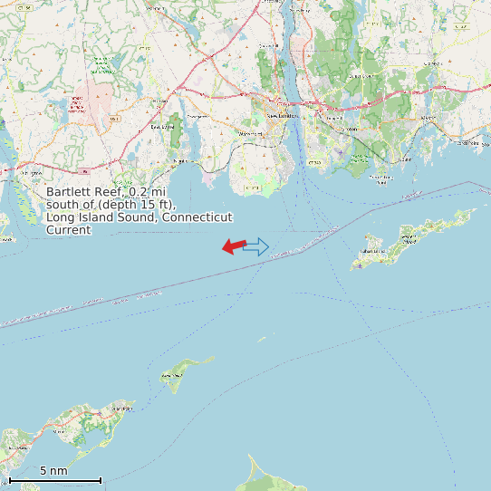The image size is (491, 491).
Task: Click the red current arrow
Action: click(x=233, y=246)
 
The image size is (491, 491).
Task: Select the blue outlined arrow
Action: click(x=257, y=246)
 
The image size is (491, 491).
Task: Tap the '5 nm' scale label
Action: click(x=53, y=471)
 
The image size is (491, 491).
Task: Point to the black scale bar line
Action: click(x=54, y=480)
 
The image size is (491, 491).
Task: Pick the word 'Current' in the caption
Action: click(x=69, y=230)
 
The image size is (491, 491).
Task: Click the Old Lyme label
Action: click(x=30, y=171)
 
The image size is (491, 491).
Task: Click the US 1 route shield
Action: click(x=114, y=119)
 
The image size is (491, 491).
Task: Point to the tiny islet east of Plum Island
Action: click(x=261, y=340)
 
